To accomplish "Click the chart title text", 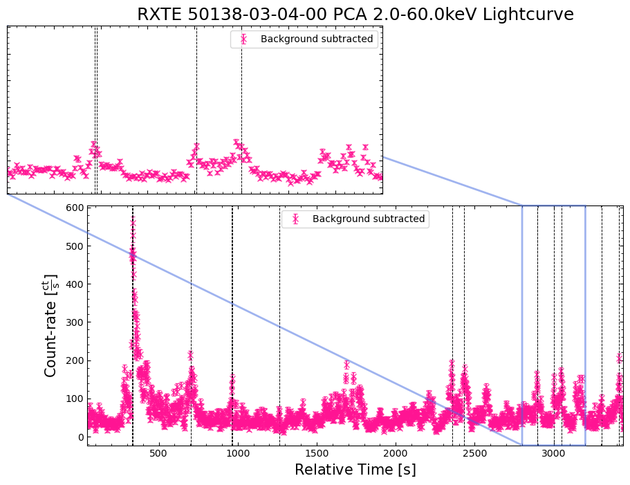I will click(355, 15).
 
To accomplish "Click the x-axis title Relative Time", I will click(355, 470).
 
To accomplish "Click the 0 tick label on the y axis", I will click(80, 437).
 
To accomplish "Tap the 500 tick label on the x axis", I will click(159, 454).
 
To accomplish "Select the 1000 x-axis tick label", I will click(238, 454).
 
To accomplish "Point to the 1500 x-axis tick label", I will click(317, 454).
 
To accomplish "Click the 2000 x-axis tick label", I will click(396, 454).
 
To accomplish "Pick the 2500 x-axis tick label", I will click(474, 454).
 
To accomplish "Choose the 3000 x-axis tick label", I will click(553, 454).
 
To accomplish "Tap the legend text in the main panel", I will click(369, 219).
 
